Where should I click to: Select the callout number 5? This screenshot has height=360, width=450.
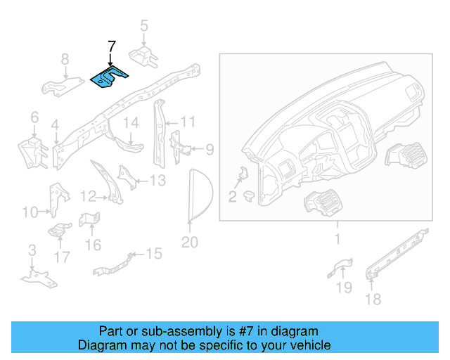(143, 27)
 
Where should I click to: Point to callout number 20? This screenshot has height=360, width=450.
(190, 243)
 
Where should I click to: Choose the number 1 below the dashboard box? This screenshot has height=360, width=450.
(336, 240)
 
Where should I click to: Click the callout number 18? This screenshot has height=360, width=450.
(373, 299)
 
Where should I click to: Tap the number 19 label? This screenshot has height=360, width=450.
(343, 287)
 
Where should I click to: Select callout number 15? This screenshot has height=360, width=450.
(153, 253)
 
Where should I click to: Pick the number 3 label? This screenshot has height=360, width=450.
(32, 251)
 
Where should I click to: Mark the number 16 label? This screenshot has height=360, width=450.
(94, 244)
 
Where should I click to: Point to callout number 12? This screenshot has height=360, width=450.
(88, 196)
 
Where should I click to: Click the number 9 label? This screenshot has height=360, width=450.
(209, 149)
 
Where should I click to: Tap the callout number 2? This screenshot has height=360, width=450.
(232, 196)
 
